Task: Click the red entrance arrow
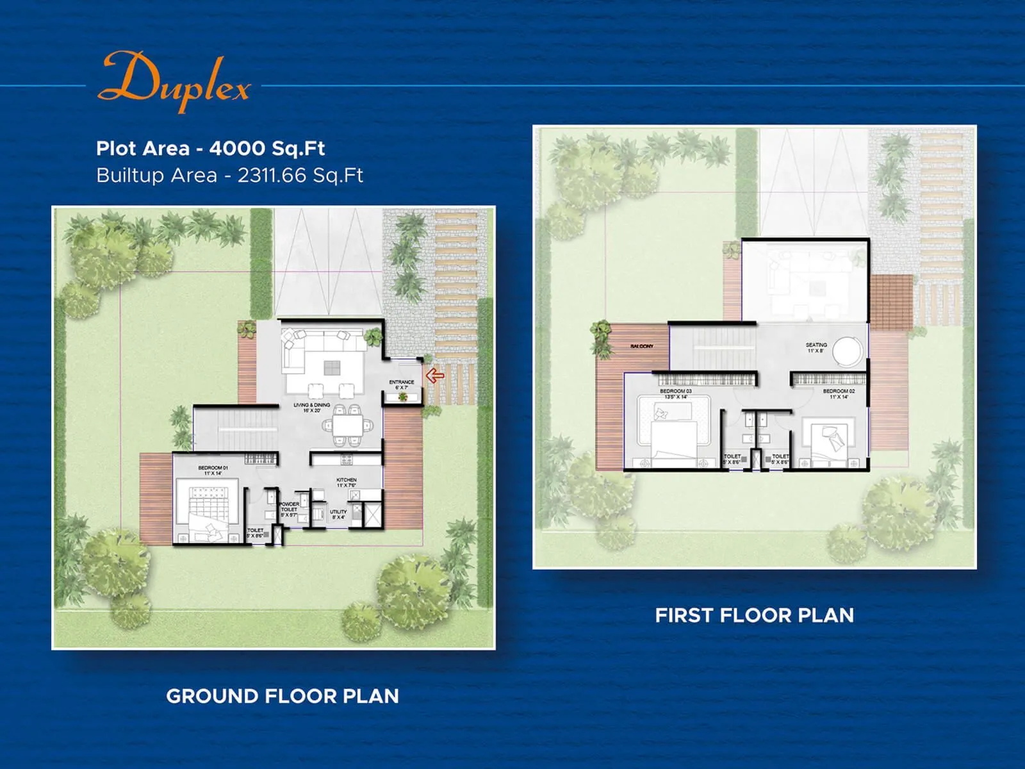tap(435, 376)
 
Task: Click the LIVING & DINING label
tap(312, 407)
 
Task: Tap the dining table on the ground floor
tap(347, 424)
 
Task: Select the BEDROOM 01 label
tap(213, 470)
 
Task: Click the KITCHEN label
tap(347, 482)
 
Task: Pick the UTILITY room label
tap(338, 514)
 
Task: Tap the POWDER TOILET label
tap(289, 508)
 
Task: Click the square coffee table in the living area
tap(332, 367)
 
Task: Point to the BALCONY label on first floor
tap(641, 346)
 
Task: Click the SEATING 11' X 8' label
tap(816, 347)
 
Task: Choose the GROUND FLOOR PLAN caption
tap(283, 696)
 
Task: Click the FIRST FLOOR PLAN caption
tap(754, 615)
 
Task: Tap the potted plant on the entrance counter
tap(402, 397)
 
